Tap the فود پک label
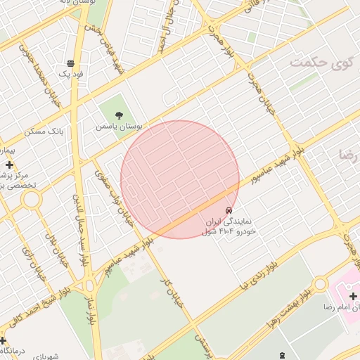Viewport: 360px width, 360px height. click(72, 74)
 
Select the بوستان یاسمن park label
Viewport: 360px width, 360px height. click(120, 127)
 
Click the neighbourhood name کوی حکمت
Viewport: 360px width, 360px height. click(320, 63)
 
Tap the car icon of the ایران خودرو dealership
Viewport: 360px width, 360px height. click(229, 210)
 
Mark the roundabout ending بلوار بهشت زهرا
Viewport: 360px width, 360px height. click(321, 284)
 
